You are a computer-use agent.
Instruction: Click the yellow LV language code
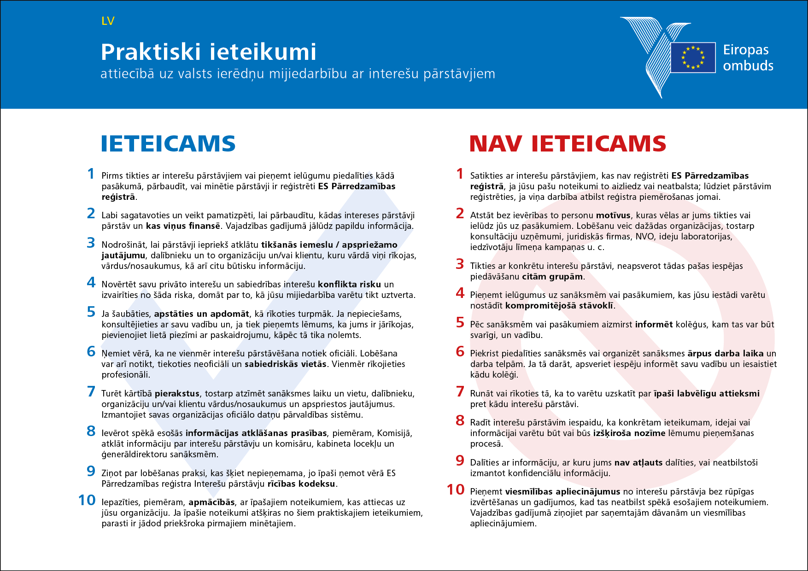[x=108, y=21]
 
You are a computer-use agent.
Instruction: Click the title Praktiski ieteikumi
[x=208, y=52]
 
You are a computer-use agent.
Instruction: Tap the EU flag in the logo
[x=693, y=57]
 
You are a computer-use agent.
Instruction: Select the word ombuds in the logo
[x=748, y=66]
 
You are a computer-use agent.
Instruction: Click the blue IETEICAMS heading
[x=168, y=144]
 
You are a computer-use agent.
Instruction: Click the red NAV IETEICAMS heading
[x=568, y=144]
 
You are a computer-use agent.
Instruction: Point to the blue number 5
[x=91, y=312]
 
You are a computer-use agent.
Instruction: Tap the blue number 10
[x=87, y=500]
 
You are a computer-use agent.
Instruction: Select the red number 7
[x=460, y=391]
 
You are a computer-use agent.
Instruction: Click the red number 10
[x=456, y=489]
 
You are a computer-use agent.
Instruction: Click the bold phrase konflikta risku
[x=349, y=285]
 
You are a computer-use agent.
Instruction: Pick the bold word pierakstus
[x=177, y=394]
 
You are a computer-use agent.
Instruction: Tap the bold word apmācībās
[x=211, y=502]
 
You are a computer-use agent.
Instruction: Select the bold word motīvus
[x=613, y=216]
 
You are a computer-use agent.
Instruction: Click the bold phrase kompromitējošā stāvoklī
[x=559, y=306]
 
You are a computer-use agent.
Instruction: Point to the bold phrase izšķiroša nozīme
[x=629, y=433]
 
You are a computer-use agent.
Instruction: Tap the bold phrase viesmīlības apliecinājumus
[x=562, y=492]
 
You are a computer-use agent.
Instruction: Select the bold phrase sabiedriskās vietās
[x=285, y=364]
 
